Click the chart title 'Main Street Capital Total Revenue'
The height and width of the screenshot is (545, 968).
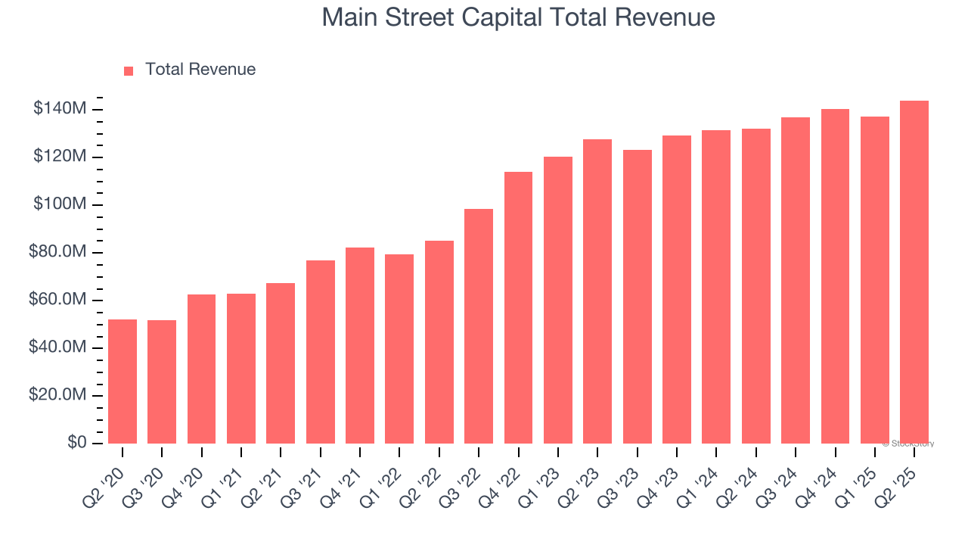[518, 17]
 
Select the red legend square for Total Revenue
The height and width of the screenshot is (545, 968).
[129, 70]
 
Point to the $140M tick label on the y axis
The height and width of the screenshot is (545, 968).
[60, 109]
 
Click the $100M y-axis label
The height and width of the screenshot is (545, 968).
[60, 204]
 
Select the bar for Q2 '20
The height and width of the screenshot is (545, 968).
[123, 381]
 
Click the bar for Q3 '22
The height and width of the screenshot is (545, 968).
[479, 326]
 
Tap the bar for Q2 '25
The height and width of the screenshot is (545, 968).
[914, 272]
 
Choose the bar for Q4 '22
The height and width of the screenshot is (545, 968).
[518, 307]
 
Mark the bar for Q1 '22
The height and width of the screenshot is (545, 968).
[399, 349]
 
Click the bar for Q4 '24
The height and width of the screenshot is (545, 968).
[835, 276]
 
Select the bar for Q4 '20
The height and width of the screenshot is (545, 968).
[201, 369]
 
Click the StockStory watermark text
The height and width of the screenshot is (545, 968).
[908, 444]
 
